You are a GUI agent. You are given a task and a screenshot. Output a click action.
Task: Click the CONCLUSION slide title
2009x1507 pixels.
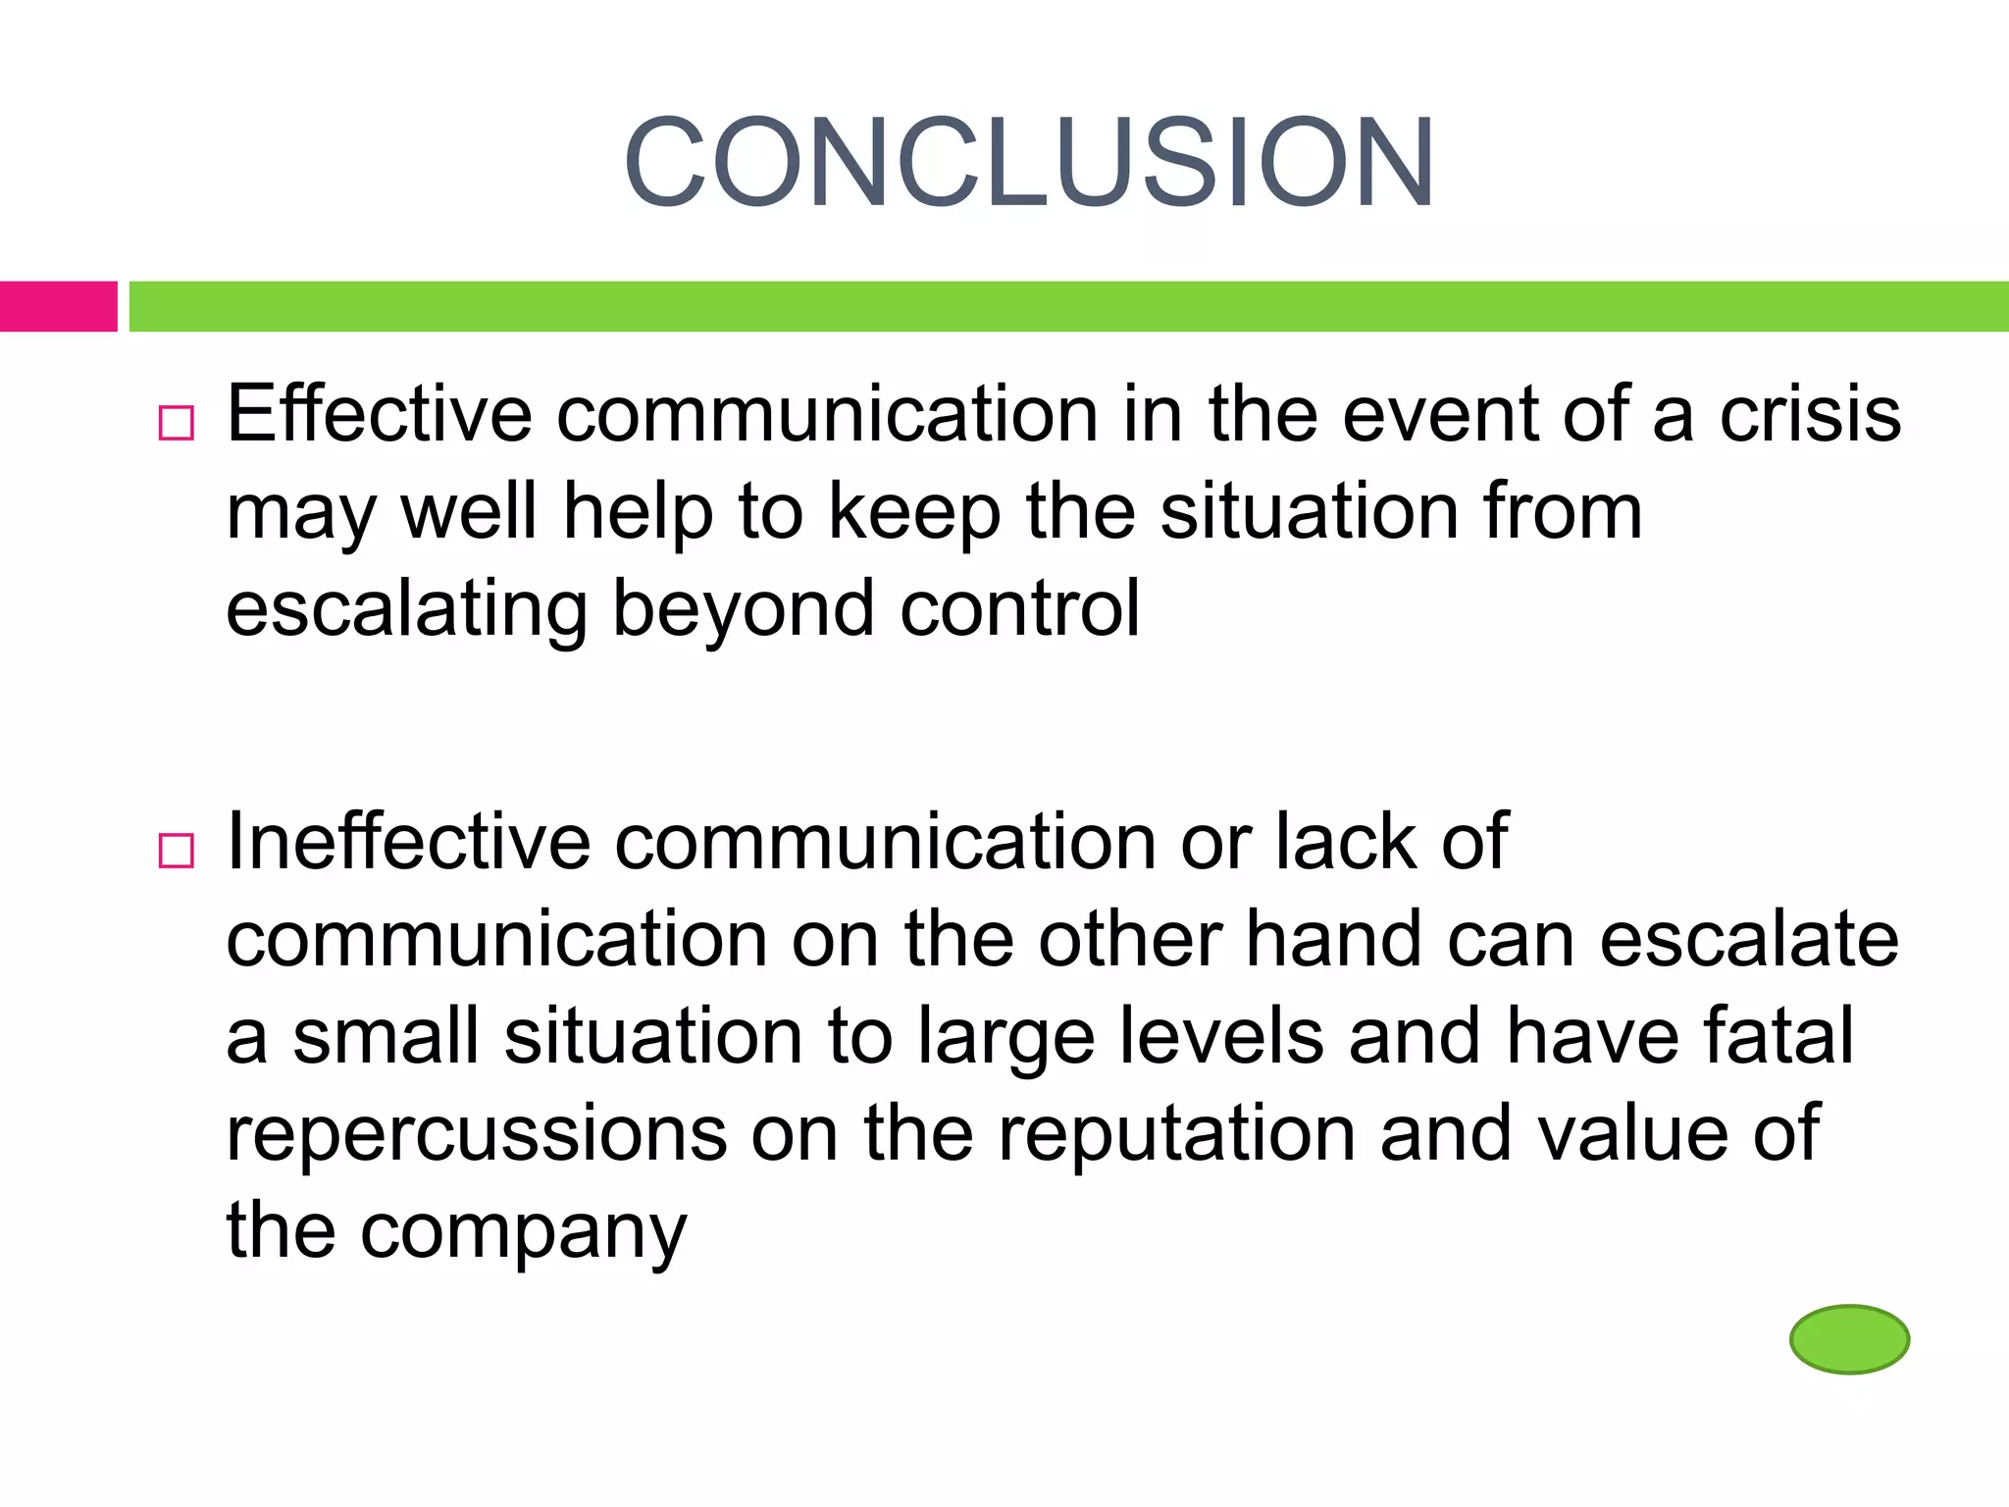coord(1029,163)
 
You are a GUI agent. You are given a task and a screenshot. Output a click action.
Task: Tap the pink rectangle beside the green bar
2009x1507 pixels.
coord(58,306)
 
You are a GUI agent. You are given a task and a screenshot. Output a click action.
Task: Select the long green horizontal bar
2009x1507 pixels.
coord(1068,306)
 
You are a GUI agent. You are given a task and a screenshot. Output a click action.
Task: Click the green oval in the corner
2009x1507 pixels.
coord(1849,1338)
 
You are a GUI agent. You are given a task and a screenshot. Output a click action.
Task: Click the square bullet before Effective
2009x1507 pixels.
coord(177,423)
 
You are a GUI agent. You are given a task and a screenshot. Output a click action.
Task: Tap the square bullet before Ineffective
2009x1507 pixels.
coord(177,850)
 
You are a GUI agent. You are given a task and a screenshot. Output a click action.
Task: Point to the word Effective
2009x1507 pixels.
coord(380,414)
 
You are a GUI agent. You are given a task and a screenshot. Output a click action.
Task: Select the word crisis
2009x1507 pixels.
coord(1810,414)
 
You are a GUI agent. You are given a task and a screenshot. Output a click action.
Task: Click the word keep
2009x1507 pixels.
coord(914,512)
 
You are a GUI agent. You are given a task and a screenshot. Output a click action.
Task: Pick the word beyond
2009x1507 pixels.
coord(744,608)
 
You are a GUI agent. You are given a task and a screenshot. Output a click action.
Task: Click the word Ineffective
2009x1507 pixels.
coord(408,842)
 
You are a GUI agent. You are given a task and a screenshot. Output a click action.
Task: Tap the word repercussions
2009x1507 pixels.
coord(477,1134)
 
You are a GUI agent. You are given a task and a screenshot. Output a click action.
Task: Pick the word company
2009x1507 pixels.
coord(524,1232)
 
